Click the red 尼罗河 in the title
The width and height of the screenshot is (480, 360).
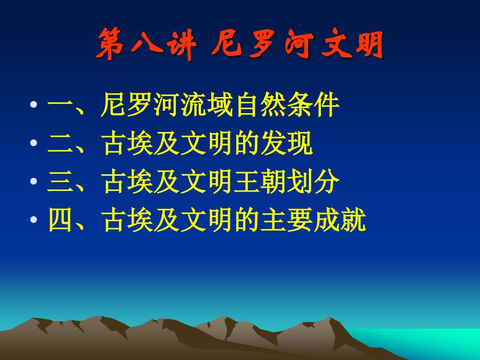tap(262, 44)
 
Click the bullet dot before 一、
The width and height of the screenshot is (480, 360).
tap(34, 105)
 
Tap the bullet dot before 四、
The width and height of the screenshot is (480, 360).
tap(34, 219)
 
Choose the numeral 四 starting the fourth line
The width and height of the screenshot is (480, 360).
tap(61, 220)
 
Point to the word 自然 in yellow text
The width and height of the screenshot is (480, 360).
tap(260, 105)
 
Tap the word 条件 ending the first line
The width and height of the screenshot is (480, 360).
tap(313, 105)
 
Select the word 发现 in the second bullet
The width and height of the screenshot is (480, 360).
tap(286, 143)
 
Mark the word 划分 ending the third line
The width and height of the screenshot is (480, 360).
tap(313, 181)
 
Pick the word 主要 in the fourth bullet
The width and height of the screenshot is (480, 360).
tap(286, 220)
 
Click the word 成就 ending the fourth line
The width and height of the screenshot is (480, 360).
tap(340, 220)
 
